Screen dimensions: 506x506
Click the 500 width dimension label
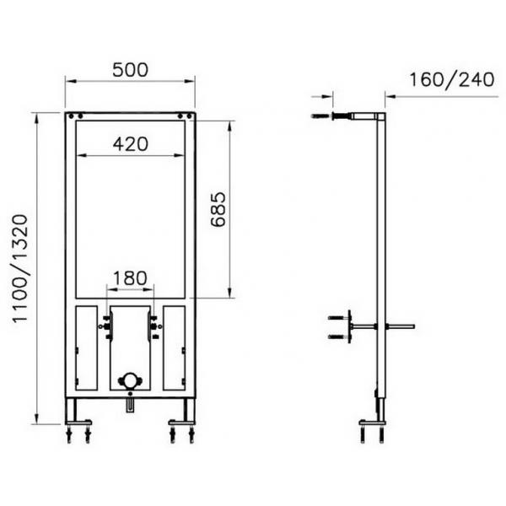(131, 70)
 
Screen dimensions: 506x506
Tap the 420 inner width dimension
(131, 144)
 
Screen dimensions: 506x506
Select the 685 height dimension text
(218, 209)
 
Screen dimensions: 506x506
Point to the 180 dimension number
(131, 277)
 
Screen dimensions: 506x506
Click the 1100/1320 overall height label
(20, 268)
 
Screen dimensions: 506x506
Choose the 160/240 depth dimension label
(452, 80)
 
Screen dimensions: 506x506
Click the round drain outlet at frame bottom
(130, 380)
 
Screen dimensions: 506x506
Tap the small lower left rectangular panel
(87, 347)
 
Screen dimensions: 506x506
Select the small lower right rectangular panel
(175, 347)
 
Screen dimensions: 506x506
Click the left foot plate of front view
(78, 423)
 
